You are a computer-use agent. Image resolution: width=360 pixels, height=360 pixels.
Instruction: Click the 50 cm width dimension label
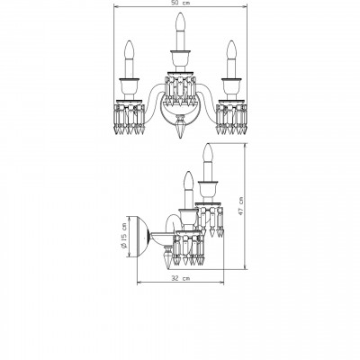coord(180,3)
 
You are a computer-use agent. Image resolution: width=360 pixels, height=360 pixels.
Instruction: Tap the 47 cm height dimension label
coord(240,206)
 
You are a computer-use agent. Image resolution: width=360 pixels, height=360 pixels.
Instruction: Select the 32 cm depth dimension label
coord(181,278)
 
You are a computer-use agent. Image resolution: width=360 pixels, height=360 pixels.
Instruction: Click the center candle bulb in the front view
coord(180,22)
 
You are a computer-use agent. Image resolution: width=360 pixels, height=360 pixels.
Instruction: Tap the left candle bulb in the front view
coord(129,50)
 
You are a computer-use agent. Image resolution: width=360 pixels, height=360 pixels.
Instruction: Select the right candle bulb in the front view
coord(231,50)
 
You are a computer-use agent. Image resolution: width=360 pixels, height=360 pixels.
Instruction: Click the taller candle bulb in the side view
coord(208,153)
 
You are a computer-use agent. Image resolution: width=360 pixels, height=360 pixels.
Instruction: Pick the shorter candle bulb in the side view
coord(188,180)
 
